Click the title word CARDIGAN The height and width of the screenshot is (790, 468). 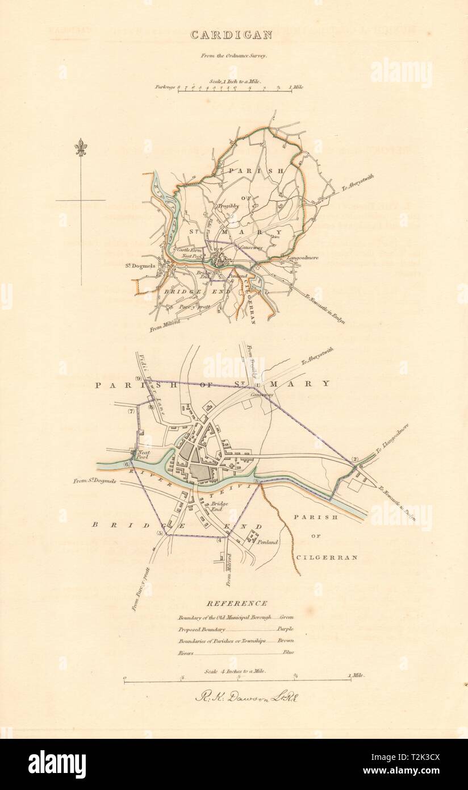click(x=231, y=35)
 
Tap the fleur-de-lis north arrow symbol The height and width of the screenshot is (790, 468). click(x=80, y=149)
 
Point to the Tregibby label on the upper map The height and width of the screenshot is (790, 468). click(x=229, y=206)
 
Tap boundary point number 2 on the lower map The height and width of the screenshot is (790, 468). click(x=354, y=459)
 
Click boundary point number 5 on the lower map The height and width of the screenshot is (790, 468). click(x=160, y=534)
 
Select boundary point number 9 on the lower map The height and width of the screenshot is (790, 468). click(x=138, y=379)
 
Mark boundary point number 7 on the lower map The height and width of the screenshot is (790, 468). click(x=131, y=411)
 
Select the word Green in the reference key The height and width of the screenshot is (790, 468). click(x=286, y=617)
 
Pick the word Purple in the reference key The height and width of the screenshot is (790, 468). click(x=285, y=629)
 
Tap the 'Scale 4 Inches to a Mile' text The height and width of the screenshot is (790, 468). click(x=235, y=671)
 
